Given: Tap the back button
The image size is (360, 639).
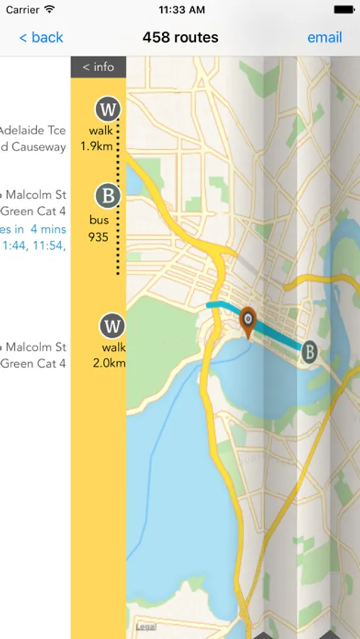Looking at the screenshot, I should coord(41,38).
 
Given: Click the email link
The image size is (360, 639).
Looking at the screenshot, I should coord(324,38).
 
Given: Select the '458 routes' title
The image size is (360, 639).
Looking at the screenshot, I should coord(180,38).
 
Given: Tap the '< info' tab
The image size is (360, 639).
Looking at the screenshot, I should coord(98,67).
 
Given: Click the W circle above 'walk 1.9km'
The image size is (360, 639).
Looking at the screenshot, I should coord(108,109).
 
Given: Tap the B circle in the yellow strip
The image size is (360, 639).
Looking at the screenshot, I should coord(108,195).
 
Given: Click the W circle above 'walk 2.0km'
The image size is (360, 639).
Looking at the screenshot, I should coord(112,327).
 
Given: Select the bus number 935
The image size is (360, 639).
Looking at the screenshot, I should coord(99,237).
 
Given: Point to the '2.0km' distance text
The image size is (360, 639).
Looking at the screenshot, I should coord(109,364).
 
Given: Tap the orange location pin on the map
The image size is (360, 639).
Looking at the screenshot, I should coord(247,321).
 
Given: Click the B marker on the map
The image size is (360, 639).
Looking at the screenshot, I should coord(309,351).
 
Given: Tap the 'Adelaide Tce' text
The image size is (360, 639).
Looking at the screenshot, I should coord(33,131).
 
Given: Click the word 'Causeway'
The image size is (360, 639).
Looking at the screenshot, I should coord(38,147).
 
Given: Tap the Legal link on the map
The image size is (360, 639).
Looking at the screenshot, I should coord(146,628).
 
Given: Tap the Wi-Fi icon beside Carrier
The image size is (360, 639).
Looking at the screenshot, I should coord(49,10).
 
